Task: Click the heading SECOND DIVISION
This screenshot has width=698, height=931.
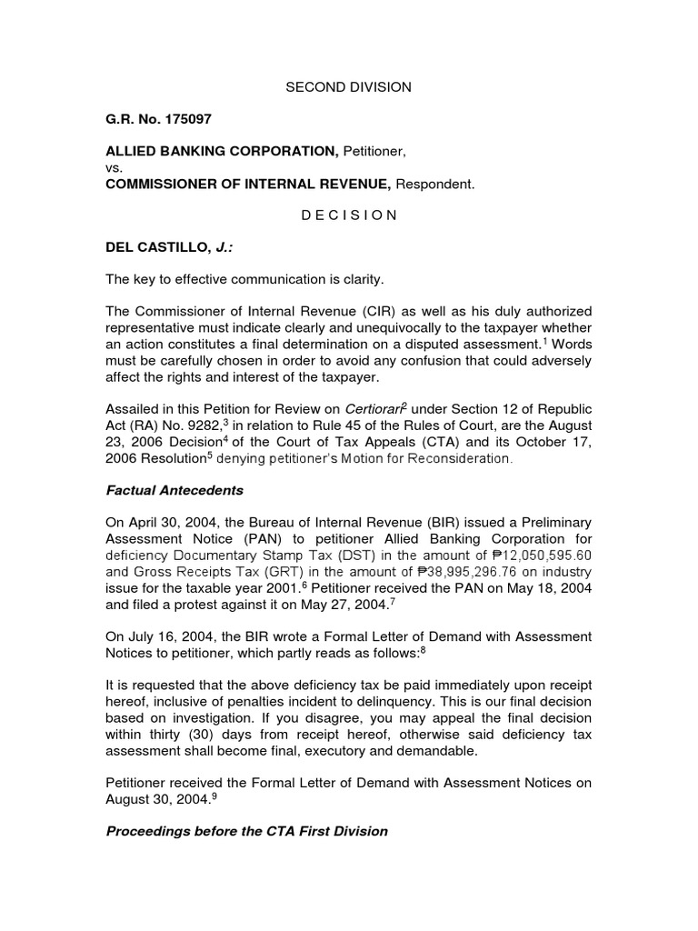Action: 348,87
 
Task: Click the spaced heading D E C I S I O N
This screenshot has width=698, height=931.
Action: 348,215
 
